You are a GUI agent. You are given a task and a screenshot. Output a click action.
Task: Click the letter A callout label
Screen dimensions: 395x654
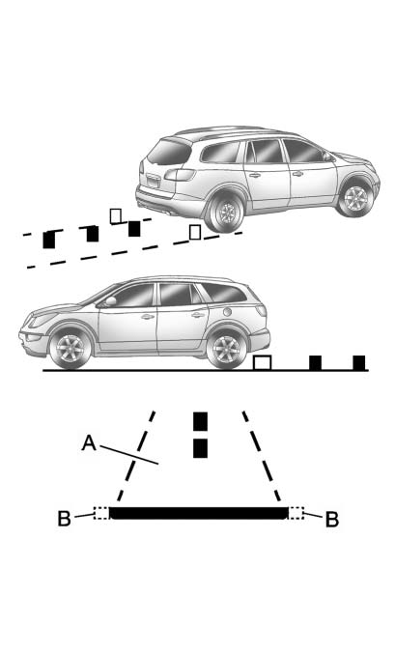point(89,443)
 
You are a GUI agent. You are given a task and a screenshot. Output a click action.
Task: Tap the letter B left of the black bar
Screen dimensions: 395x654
point(64,519)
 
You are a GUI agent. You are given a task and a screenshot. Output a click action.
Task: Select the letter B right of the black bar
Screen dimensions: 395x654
point(332,520)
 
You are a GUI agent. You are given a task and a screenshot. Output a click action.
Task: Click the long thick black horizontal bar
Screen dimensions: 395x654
point(199,513)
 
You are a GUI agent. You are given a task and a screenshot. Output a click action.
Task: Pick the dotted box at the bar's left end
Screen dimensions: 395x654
point(101,513)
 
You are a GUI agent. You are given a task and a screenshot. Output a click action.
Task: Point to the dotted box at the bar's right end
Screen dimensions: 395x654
point(296,513)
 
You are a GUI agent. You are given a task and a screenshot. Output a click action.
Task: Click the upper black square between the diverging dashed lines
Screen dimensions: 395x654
point(200,421)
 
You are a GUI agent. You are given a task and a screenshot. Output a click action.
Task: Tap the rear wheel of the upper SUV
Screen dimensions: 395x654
point(227,213)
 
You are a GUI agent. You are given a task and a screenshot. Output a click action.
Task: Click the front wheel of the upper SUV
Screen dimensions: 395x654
point(355,199)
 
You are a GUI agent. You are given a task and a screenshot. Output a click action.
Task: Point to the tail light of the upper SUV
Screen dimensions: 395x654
point(180,174)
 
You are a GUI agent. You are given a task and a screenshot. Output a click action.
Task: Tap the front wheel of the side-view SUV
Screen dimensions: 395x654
point(71,348)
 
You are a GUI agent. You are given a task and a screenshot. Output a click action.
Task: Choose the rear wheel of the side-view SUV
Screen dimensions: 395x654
point(227,349)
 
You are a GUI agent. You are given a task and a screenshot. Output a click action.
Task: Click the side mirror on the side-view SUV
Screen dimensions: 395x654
point(111,301)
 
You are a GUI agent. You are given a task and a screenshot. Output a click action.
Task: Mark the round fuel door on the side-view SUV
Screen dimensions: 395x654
point(227,312)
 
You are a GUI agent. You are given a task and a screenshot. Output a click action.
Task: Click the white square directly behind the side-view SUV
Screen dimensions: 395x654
point(263,363)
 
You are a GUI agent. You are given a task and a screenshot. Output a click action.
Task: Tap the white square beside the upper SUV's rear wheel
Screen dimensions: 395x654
point(195,232)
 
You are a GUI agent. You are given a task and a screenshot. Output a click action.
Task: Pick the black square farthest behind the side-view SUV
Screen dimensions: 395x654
point(358,363)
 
